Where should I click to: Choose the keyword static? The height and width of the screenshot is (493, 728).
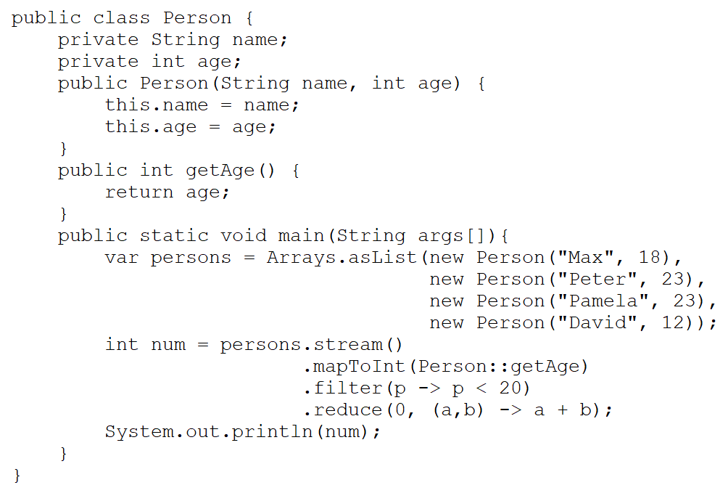pyautogui.click(x=174, y=236)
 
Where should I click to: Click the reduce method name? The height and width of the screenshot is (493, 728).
pyautogui.click(x=348, y=410)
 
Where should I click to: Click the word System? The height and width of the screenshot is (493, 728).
pyautogui.click(x=139, y=432)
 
